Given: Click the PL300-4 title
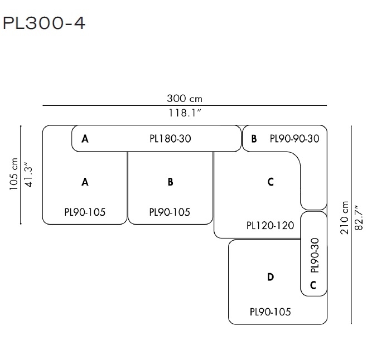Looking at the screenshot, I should click(45, 23).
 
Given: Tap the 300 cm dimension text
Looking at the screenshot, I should click(185, 99).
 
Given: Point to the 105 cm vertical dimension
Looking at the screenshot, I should click(13, 174).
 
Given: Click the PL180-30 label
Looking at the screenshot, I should click(170, 139).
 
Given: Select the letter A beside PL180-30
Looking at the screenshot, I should click(85, 139).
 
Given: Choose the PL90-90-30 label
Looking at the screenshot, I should click(294, 139).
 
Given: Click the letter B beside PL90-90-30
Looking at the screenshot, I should click(254, 139).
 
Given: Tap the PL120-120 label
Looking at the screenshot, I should click(270, 226).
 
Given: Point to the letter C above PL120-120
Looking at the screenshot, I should click(271, 182).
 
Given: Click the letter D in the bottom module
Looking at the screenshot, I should click(271, 277).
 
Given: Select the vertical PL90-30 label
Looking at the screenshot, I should click(315, 256).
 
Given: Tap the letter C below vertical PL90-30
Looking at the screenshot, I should click(313, 285).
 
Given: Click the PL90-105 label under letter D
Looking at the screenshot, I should click(270, 312).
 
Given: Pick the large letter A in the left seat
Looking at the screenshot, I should click(85, 182).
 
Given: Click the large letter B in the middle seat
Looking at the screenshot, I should click(170, 182).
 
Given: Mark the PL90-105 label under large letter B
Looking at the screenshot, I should click(170, 212).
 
